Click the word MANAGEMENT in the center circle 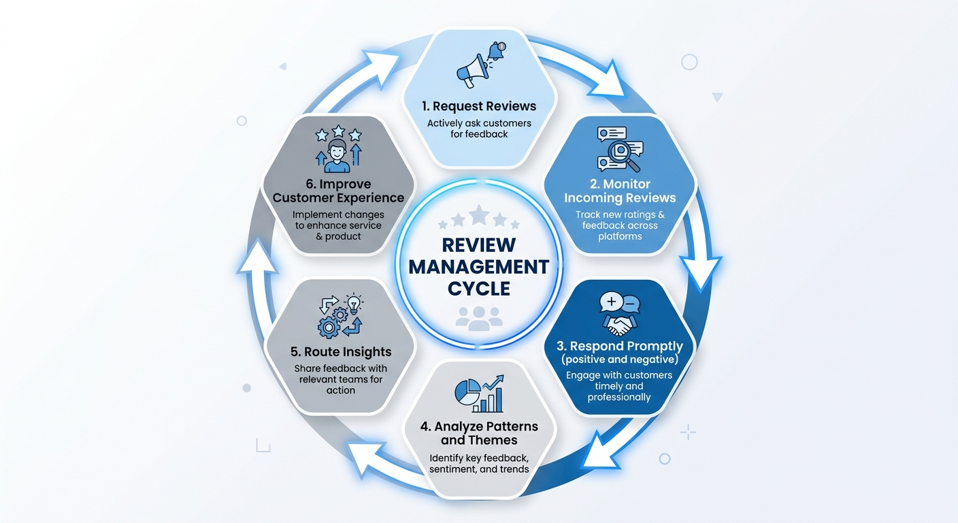pos(478,266)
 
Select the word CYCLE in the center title pos(478,288)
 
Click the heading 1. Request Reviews pos(478,106)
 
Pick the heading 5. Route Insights pos(340,351)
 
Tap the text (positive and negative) pos(619,359)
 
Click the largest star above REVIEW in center pos(479,215)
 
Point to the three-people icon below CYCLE pos(478,317)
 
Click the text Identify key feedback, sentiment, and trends pos(479,463)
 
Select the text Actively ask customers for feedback pos(478,129)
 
